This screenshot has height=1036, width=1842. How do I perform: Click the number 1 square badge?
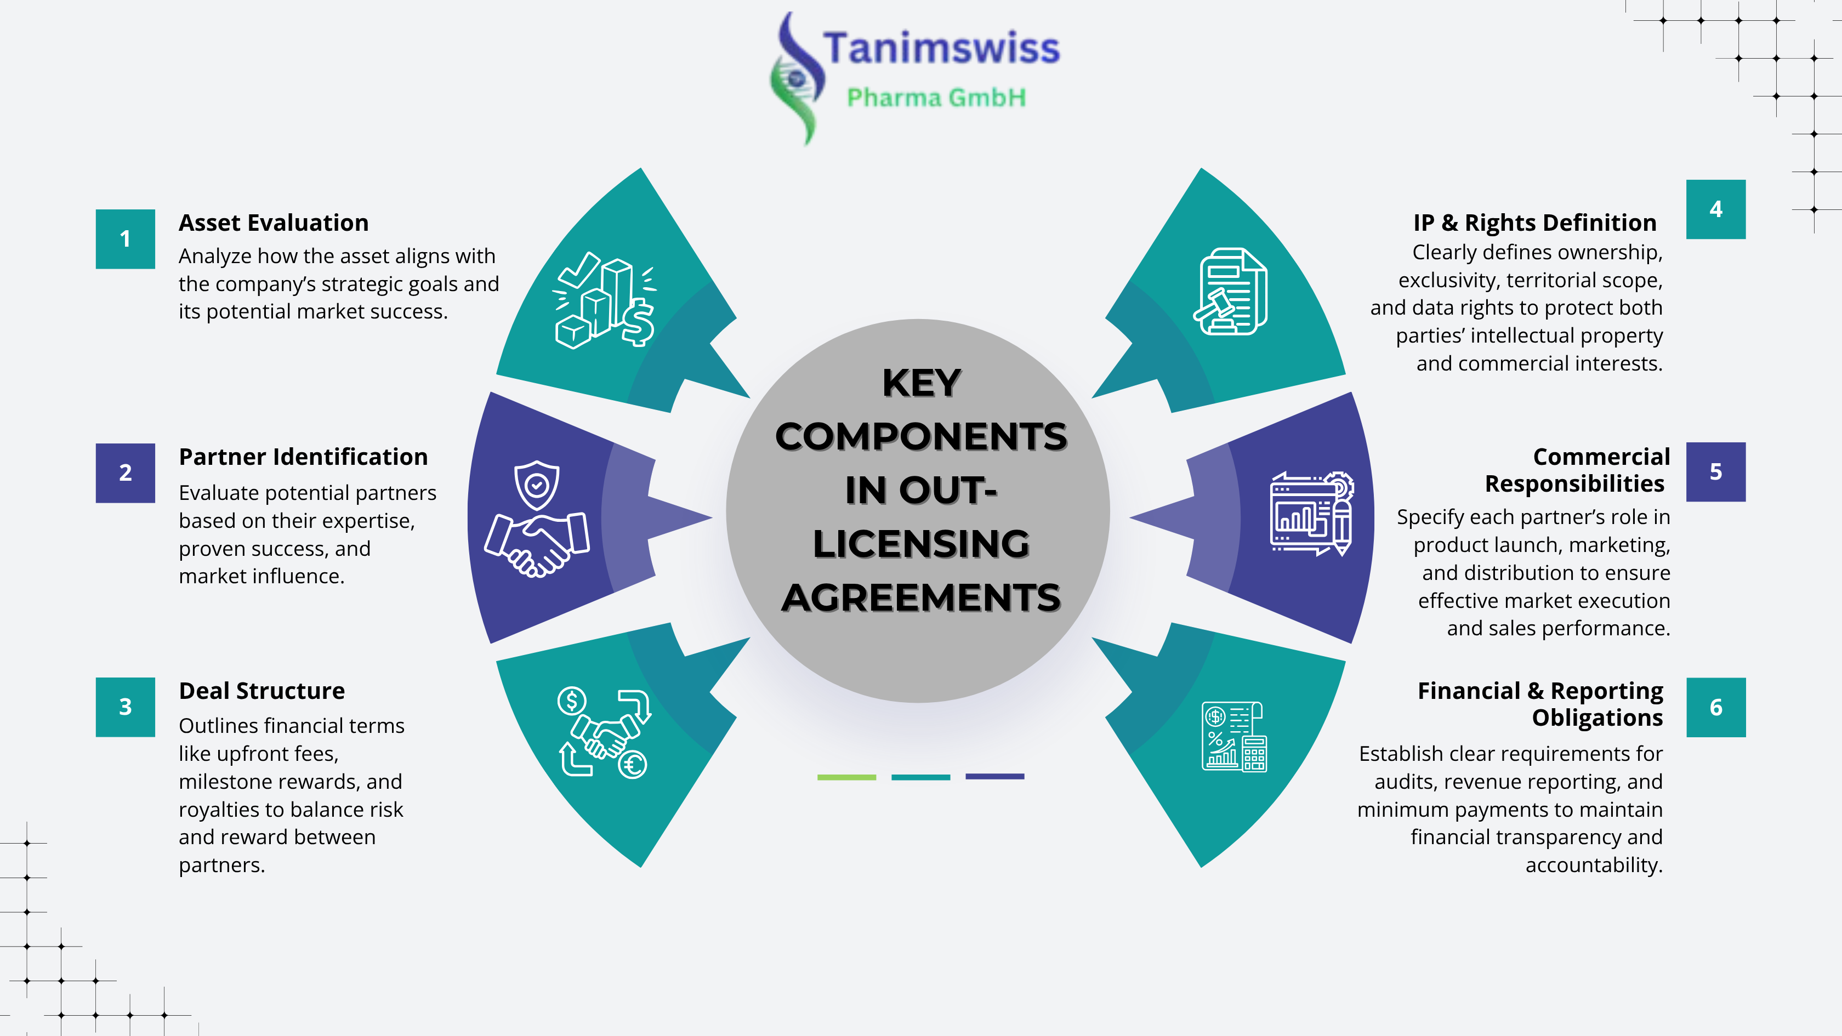[125, 239]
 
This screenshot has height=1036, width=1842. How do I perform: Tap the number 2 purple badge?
[125, 473]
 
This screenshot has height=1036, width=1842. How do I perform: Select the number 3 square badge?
[125, 707]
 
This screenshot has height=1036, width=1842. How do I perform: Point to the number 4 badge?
[1715, 209]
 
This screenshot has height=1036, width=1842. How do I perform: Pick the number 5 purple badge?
[1715, 472]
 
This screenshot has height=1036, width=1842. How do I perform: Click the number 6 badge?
[1715, 707]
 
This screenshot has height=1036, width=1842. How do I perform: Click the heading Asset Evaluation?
[273, 223]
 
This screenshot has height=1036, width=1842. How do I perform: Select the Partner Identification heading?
[303, 457]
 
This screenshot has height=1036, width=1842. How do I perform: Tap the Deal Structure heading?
[261, 691]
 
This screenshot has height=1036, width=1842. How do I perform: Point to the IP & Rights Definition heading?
[1534, 223]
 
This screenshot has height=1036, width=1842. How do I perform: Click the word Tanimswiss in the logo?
[941, 49]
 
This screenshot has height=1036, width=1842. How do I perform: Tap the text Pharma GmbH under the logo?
[936, 97]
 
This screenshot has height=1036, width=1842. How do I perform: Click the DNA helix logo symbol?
[796, 78]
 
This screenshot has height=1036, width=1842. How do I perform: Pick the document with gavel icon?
[1230, 291]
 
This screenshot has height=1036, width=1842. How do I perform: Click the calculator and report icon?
[1234, 736]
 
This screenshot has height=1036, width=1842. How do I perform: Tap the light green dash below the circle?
[846, 777]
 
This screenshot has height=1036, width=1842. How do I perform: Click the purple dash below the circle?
[994, 777]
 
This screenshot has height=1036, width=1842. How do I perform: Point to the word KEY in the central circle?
[921, 383]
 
